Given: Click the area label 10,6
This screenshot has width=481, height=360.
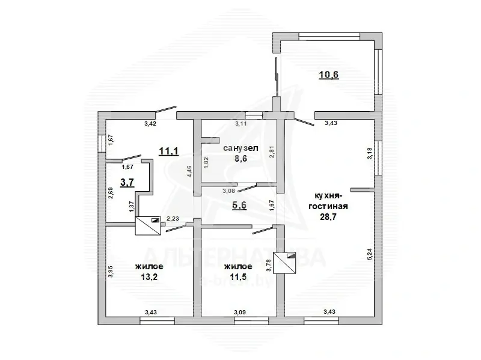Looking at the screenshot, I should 328,75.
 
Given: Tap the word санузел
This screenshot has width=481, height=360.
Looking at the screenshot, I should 240,148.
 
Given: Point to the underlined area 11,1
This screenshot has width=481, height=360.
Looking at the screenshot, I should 168,151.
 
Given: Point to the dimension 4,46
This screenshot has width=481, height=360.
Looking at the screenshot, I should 189,171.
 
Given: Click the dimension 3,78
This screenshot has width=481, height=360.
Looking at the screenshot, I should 268,264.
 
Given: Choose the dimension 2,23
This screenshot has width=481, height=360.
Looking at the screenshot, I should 173,219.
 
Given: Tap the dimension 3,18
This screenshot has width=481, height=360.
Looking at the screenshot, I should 369,154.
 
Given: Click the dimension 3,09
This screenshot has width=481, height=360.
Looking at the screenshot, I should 239,312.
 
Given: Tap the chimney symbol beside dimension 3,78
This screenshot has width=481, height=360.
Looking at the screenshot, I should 285,262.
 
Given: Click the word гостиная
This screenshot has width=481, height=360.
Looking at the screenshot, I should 325,207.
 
